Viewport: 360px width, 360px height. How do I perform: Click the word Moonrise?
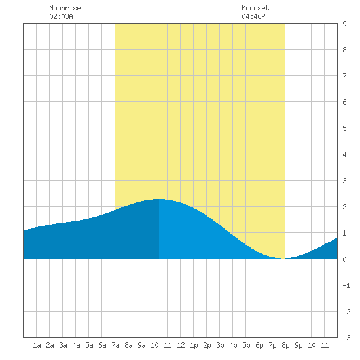pyautogui.click(x=65, y=8)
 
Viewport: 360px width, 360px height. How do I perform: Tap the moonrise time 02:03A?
pyautogui.click(x=61, y=16)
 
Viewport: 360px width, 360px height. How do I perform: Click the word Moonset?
pyautogui.click(x=255, y=8)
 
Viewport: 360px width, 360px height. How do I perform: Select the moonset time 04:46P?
pyautogui.click(x=253, y=16)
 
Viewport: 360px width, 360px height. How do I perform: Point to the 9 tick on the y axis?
pyautogui.click(x=344, y=24)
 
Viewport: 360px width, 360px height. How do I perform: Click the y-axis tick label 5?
pyautogui.click(x=344, y=128)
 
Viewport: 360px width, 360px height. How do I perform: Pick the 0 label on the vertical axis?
pyautogui.click(x=344, y=259)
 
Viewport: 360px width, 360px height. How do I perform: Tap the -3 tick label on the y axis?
pyautogui.click(x=346, y=338)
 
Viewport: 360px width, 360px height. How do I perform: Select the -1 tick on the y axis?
pyautogui.click(x=346, y=285)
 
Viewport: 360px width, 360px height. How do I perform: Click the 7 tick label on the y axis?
pyautogui.click(x=344, y=76)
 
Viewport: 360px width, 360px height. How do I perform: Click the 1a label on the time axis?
pyautogui.click(x=37, y=345)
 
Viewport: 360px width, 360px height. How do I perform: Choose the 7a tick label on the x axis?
pyautogui.click(x=115, y=345)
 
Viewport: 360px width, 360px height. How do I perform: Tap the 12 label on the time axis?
pyautogui.click(x=181, y=345)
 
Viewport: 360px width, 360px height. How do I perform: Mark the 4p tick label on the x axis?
pyautogui.click(x=233, y=345)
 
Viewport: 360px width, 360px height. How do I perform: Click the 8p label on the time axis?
pyautogui.click(x=285, y=345)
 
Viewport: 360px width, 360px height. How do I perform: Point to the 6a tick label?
pyautogui.click(x=102, y=345)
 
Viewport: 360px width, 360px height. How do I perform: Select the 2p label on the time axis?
pyautogui.click(x=207, y=345)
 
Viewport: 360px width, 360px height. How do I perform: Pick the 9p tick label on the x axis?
pyautogui.click(x=298, y=345)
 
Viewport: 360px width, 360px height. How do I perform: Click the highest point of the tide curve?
pyautogui.click(x=159, y=199)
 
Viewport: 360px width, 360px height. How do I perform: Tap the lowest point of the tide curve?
pyautogui.click(x=283, y=259)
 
